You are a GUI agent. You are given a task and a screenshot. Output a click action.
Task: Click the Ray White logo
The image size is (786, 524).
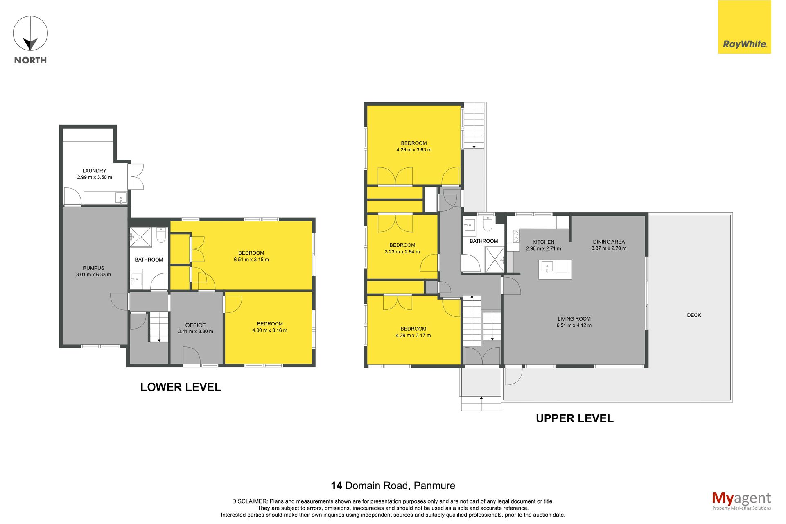click(744, 27)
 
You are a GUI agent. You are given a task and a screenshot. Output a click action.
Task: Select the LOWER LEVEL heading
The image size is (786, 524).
click(181, 387)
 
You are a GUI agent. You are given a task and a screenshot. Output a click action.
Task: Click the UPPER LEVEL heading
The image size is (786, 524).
click(575, 418)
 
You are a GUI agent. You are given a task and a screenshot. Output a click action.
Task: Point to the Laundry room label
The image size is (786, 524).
click(95, 171)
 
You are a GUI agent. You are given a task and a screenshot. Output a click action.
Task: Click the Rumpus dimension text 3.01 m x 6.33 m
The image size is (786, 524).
click(93, 275)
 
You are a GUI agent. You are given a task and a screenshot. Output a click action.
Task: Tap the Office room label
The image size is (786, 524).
click(196, 325)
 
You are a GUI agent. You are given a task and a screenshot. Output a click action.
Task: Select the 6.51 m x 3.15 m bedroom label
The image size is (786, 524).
click(251, 256)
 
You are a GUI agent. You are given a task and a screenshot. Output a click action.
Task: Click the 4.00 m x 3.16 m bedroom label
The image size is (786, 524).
click(270, 327)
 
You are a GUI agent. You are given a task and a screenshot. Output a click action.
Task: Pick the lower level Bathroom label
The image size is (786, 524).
click(149, 260)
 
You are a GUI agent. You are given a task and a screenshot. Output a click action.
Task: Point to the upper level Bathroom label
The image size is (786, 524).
click(484, 241)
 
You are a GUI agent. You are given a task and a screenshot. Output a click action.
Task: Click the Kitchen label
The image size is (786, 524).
click(544, 242)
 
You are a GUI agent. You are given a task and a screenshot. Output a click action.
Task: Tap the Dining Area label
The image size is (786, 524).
click(609, 242)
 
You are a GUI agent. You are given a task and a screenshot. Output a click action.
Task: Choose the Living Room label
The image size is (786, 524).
click(574, 319)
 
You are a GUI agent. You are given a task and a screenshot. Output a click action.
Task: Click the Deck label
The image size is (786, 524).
click(694, 315)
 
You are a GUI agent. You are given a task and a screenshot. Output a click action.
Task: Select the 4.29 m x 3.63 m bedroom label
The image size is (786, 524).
click(414, 147)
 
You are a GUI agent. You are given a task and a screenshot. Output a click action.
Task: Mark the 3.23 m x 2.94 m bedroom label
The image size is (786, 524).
click(402, 248)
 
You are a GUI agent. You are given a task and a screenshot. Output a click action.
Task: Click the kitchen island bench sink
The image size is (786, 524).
click(547, 267)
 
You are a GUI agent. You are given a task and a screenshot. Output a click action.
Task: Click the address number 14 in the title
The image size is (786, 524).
click(337, 486)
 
